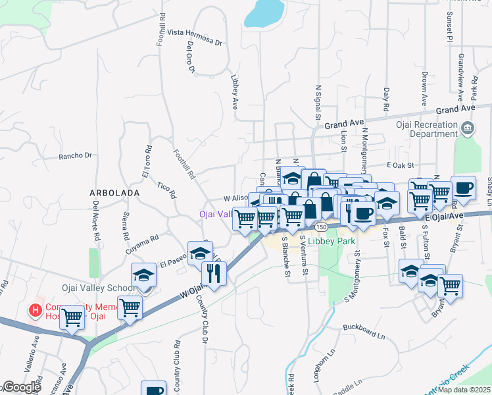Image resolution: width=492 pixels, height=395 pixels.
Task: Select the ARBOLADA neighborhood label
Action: coord(114,193)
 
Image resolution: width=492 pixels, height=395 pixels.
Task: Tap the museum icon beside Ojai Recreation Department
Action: coord(467,127)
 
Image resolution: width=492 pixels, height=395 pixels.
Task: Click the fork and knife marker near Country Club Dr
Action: coord(213,272)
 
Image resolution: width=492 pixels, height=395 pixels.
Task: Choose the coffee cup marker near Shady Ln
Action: coord(463,188)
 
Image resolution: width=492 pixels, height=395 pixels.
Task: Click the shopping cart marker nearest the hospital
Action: coord(72,317)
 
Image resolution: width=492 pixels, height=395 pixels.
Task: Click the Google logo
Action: coord(21,387)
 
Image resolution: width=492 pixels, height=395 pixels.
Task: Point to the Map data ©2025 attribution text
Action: coord(464,390)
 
